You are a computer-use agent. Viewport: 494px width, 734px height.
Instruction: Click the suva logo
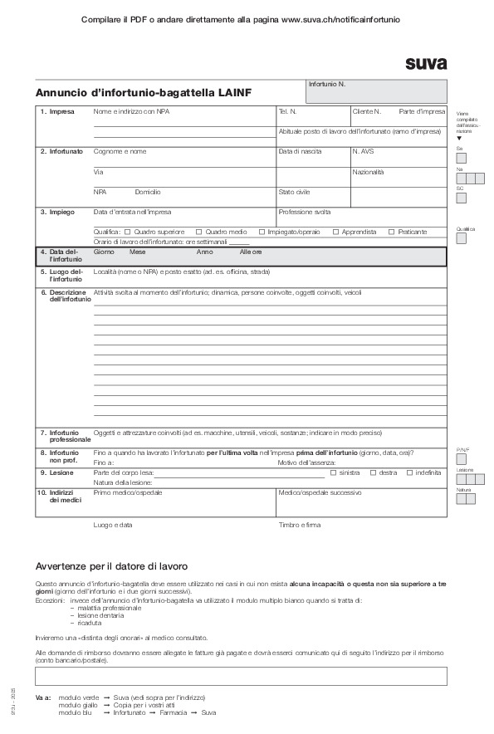[426, 63]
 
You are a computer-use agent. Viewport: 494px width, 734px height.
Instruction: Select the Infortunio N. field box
[376, 91]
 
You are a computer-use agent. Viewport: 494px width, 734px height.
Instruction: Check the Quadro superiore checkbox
[127, 232]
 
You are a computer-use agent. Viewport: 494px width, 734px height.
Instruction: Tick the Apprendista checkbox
[336, 232]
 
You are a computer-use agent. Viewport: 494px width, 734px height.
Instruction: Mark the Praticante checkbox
[392, 232]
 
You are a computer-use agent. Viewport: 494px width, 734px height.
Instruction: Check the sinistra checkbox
[333, 472]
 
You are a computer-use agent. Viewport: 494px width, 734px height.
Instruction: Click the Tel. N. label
[287, 111]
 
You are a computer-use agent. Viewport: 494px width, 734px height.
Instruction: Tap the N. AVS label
[364, 152]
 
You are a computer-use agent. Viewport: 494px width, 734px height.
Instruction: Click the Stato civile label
[294, 192]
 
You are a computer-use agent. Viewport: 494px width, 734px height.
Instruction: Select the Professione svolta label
[305, 213]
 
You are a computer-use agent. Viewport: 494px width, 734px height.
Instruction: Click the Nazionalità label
[369, 172]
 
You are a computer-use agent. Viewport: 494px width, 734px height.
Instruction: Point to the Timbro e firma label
[300, 526]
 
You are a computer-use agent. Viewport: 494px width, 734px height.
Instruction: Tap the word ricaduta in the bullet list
[90, 622]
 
